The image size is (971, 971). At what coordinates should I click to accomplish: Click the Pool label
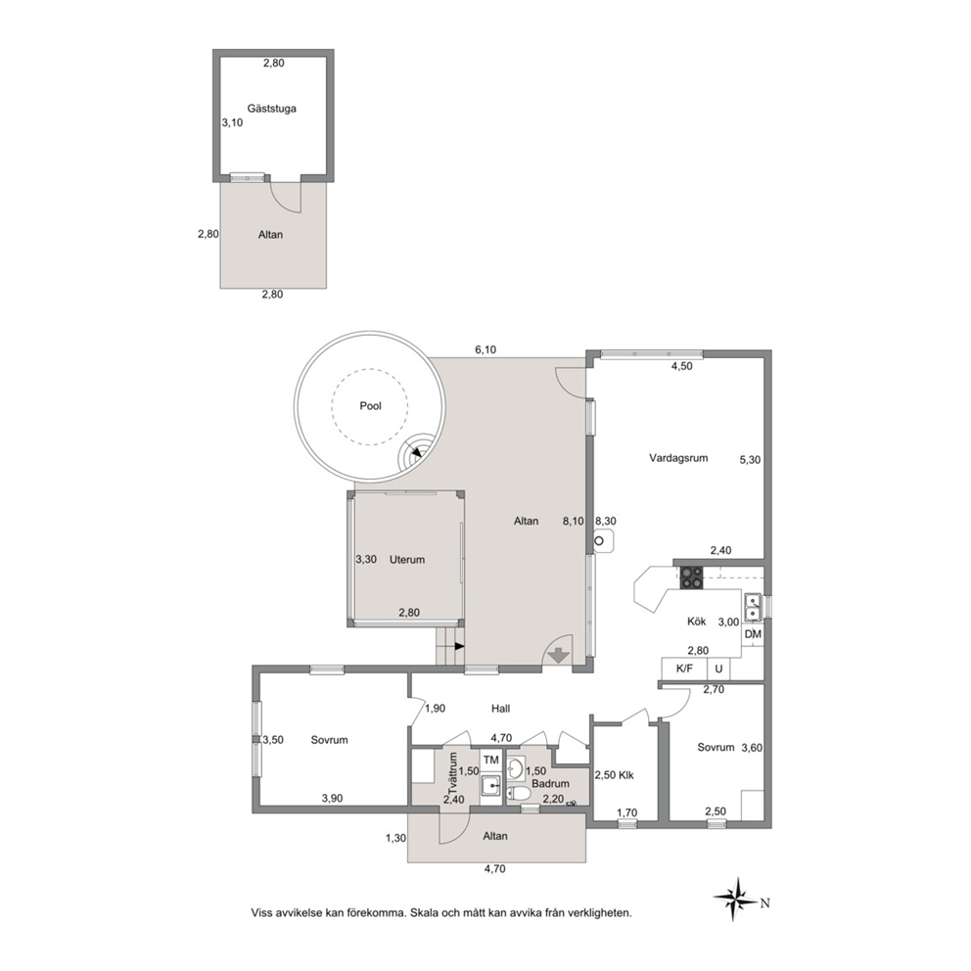(370, 406)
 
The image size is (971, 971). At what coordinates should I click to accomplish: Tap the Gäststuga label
(272, 109)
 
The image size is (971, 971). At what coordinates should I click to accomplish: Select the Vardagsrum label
(678, 458)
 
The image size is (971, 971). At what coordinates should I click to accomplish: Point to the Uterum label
(407, 560)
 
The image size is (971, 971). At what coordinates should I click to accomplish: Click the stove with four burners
(692, 578)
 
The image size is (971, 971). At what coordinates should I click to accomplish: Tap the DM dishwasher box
(753, 634)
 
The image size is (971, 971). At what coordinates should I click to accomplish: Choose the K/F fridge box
(684, 669)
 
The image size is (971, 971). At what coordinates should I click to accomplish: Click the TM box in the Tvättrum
(491, 760)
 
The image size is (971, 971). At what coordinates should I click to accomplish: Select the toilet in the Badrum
(518, 793)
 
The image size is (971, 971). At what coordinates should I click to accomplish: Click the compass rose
(735, 899)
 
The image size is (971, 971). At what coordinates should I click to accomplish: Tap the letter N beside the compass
(764, 902)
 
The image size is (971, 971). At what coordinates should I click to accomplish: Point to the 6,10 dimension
(485, 349)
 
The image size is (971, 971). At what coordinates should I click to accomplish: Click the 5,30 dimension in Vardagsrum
(750, 460)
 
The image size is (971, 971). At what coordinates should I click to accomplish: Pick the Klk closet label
(625, 775)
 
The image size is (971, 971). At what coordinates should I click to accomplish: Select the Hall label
(500, 709)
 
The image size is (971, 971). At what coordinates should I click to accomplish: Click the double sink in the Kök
(753, 606)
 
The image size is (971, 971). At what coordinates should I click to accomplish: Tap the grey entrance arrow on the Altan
(559, 655)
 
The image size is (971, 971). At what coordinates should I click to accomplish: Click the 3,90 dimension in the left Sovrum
(332, 798)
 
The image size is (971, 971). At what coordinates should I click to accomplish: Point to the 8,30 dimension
(605, 522)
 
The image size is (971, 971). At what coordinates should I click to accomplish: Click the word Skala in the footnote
(424, 913)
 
